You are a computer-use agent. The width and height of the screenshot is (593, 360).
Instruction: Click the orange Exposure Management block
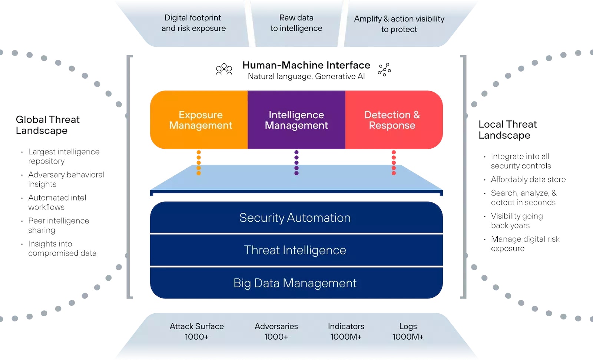[x=200, y=120]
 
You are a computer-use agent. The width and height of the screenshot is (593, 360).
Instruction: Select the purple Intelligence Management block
[x=296, y=120]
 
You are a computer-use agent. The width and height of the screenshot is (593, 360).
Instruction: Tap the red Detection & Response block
[x=392, y=120]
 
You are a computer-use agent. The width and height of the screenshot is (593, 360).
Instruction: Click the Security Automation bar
[x=295, y=218]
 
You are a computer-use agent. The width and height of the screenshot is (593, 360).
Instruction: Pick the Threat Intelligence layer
[x=295, y=250]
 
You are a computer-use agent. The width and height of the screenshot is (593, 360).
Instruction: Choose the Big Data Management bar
[x=295, y=283]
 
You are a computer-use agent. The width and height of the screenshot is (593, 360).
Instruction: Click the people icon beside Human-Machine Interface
[x=224, y=69]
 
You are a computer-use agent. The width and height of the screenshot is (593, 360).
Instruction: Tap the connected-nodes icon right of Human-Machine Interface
[x=384, y=69]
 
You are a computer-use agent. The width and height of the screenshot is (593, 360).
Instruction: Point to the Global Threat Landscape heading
[x=47, y=125]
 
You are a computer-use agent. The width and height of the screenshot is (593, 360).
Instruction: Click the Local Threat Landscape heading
[x=507, y=129]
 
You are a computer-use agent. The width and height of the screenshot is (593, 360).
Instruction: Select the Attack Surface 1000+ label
[x=197, y=331]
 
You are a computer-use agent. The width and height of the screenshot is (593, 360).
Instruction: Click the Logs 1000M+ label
[x=408, y=331]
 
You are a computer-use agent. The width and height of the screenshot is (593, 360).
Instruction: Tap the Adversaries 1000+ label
[x=276, y=331]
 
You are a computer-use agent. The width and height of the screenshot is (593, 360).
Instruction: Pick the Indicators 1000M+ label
[x=346, y=331]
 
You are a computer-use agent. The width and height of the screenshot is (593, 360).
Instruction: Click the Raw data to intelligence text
[x=296, y=23]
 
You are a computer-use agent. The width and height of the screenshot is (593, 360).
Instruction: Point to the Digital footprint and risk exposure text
[x=193, y=23]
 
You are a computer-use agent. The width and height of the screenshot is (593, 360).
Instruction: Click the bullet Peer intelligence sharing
[x=58, y=225]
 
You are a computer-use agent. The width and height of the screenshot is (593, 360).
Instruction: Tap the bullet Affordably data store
[x=528, y=179]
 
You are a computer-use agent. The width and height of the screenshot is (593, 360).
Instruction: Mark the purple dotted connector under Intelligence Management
[x=296, y=162]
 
